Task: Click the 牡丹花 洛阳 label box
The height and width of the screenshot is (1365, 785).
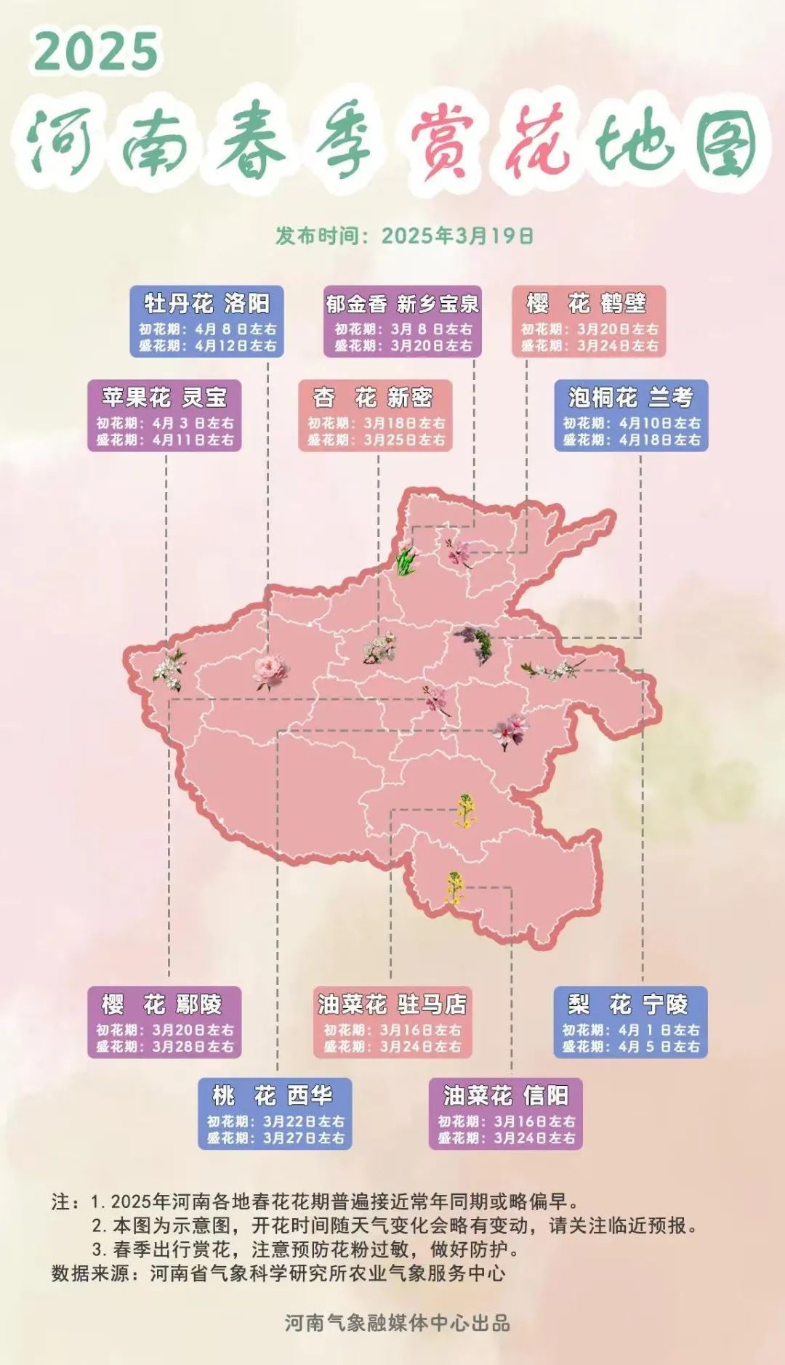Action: [x=206, y=321]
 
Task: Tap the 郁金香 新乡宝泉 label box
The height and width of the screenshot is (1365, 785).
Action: [x=402, y=321]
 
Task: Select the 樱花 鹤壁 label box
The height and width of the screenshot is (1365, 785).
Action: [x=589, y=321]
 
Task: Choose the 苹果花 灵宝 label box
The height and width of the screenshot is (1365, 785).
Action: [x=164, y=416]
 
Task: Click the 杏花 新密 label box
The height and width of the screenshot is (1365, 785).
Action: [x=375, y=416]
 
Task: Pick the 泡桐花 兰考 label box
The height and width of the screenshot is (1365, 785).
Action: [x=631, y=416]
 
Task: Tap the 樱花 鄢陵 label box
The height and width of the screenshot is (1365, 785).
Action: [x=164, y=1022]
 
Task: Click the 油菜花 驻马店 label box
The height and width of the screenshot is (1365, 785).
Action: [x=392, y=1022]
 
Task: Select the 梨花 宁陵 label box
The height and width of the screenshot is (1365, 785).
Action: [x=630, y=1022]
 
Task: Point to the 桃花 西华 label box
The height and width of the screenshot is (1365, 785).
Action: [x=275, y=1114]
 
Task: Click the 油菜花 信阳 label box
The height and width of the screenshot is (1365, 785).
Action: [x=505, y=1114]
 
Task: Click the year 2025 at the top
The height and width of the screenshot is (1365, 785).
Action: [x=96, y=51]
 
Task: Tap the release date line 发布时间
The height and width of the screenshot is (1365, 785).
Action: [x=404, y=235]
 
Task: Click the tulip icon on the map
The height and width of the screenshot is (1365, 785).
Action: [x=406, y=558]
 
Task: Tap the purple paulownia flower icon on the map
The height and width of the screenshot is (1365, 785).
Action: [x=476, y=644]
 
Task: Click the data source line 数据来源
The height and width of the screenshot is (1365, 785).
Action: [x=278, y=1273]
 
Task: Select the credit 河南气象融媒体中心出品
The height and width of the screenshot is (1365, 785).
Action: [x=397, y=1323]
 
